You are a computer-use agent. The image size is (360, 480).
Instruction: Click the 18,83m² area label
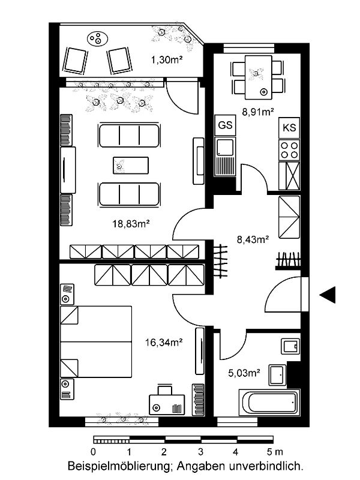(x=131, y=224)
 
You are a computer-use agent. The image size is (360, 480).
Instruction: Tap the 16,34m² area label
(x=164, y=342)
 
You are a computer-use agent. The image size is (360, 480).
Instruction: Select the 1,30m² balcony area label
(x=167, y=59)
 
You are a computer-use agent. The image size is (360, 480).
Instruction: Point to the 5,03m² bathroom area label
(x=244, y=373)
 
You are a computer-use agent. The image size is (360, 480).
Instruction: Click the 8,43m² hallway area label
(x=253, y=239)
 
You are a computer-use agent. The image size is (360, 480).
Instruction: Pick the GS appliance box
(x=226, y=125)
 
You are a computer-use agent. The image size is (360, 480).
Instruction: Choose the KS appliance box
(x=289, y=127)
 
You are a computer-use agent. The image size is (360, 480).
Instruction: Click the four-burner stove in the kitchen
(x=289, y=149)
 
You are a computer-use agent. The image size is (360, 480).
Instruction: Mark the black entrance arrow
(x=328, y=295)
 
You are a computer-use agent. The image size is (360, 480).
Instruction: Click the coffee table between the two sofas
(x=131, y=166)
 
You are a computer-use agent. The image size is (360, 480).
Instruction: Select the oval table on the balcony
(x=98, y=39)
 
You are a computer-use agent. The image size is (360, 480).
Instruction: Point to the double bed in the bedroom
(x=96, y=341)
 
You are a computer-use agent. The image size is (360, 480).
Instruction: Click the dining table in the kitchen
(x=259, y=77)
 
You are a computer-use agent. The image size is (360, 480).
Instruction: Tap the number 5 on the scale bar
(x=269, y=452)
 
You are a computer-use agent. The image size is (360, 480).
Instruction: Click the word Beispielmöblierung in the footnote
(x=119, y=467)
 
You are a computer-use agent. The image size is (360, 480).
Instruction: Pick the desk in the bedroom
(x=167, y=404)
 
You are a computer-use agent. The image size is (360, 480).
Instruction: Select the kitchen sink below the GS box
(x=226, y=157)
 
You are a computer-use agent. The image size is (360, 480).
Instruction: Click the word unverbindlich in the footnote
(x=266, y=467)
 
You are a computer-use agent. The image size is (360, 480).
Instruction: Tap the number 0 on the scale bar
(x=94, y=452)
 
